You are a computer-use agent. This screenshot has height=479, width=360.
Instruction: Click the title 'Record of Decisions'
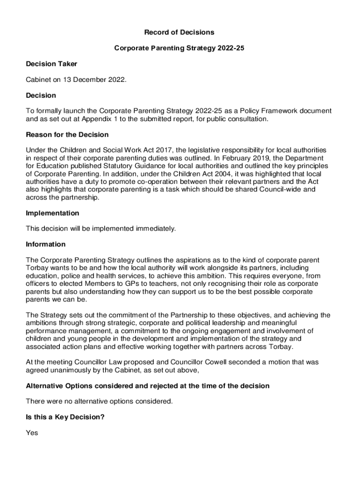tap(179, 32)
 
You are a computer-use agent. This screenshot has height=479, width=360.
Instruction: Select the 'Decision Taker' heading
tap(51, 64)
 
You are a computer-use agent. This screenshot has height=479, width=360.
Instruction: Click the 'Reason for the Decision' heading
tap(67, 135)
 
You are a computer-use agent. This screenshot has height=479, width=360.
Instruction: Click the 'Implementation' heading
tap(52, 213)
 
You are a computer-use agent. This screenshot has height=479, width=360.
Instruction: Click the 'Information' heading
tap(46, 244)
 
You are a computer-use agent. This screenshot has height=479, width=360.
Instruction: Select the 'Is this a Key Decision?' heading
tap(65, 417)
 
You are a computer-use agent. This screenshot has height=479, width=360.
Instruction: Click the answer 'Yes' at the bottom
tap(32, 433)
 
